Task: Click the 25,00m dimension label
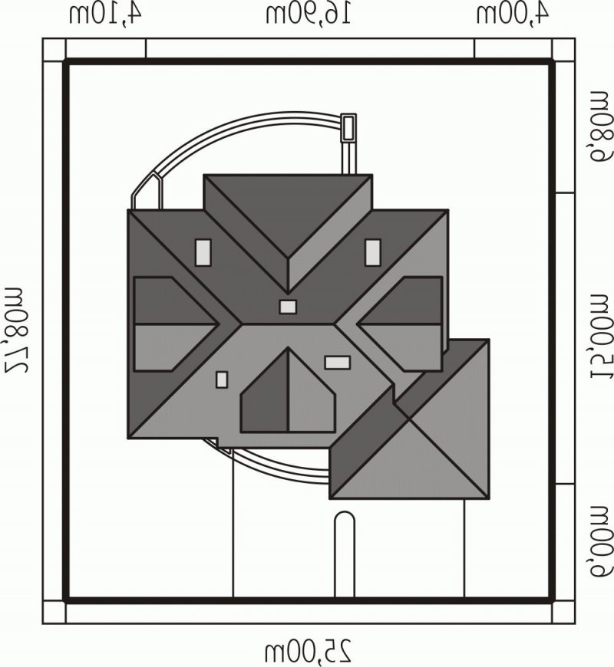click(x=309, y=650)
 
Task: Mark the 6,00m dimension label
click(x=602, y=541)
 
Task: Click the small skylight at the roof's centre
click(x=288, y=307)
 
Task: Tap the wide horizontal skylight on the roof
click(x=338, y=363)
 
